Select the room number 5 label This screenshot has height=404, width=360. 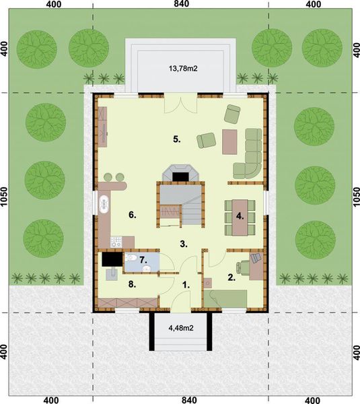tap(176, 140)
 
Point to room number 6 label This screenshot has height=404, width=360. tap(133, 215)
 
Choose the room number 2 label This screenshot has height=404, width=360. tap(231, 277)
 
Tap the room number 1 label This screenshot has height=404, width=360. tap(186, 285)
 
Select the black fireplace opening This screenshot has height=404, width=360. tap(180, 176)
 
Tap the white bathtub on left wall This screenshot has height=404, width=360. tap(104, 204)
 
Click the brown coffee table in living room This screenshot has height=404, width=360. tap(231, 141)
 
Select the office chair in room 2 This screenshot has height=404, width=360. tap(256, 258)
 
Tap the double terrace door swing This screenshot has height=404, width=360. tap(180, 105)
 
